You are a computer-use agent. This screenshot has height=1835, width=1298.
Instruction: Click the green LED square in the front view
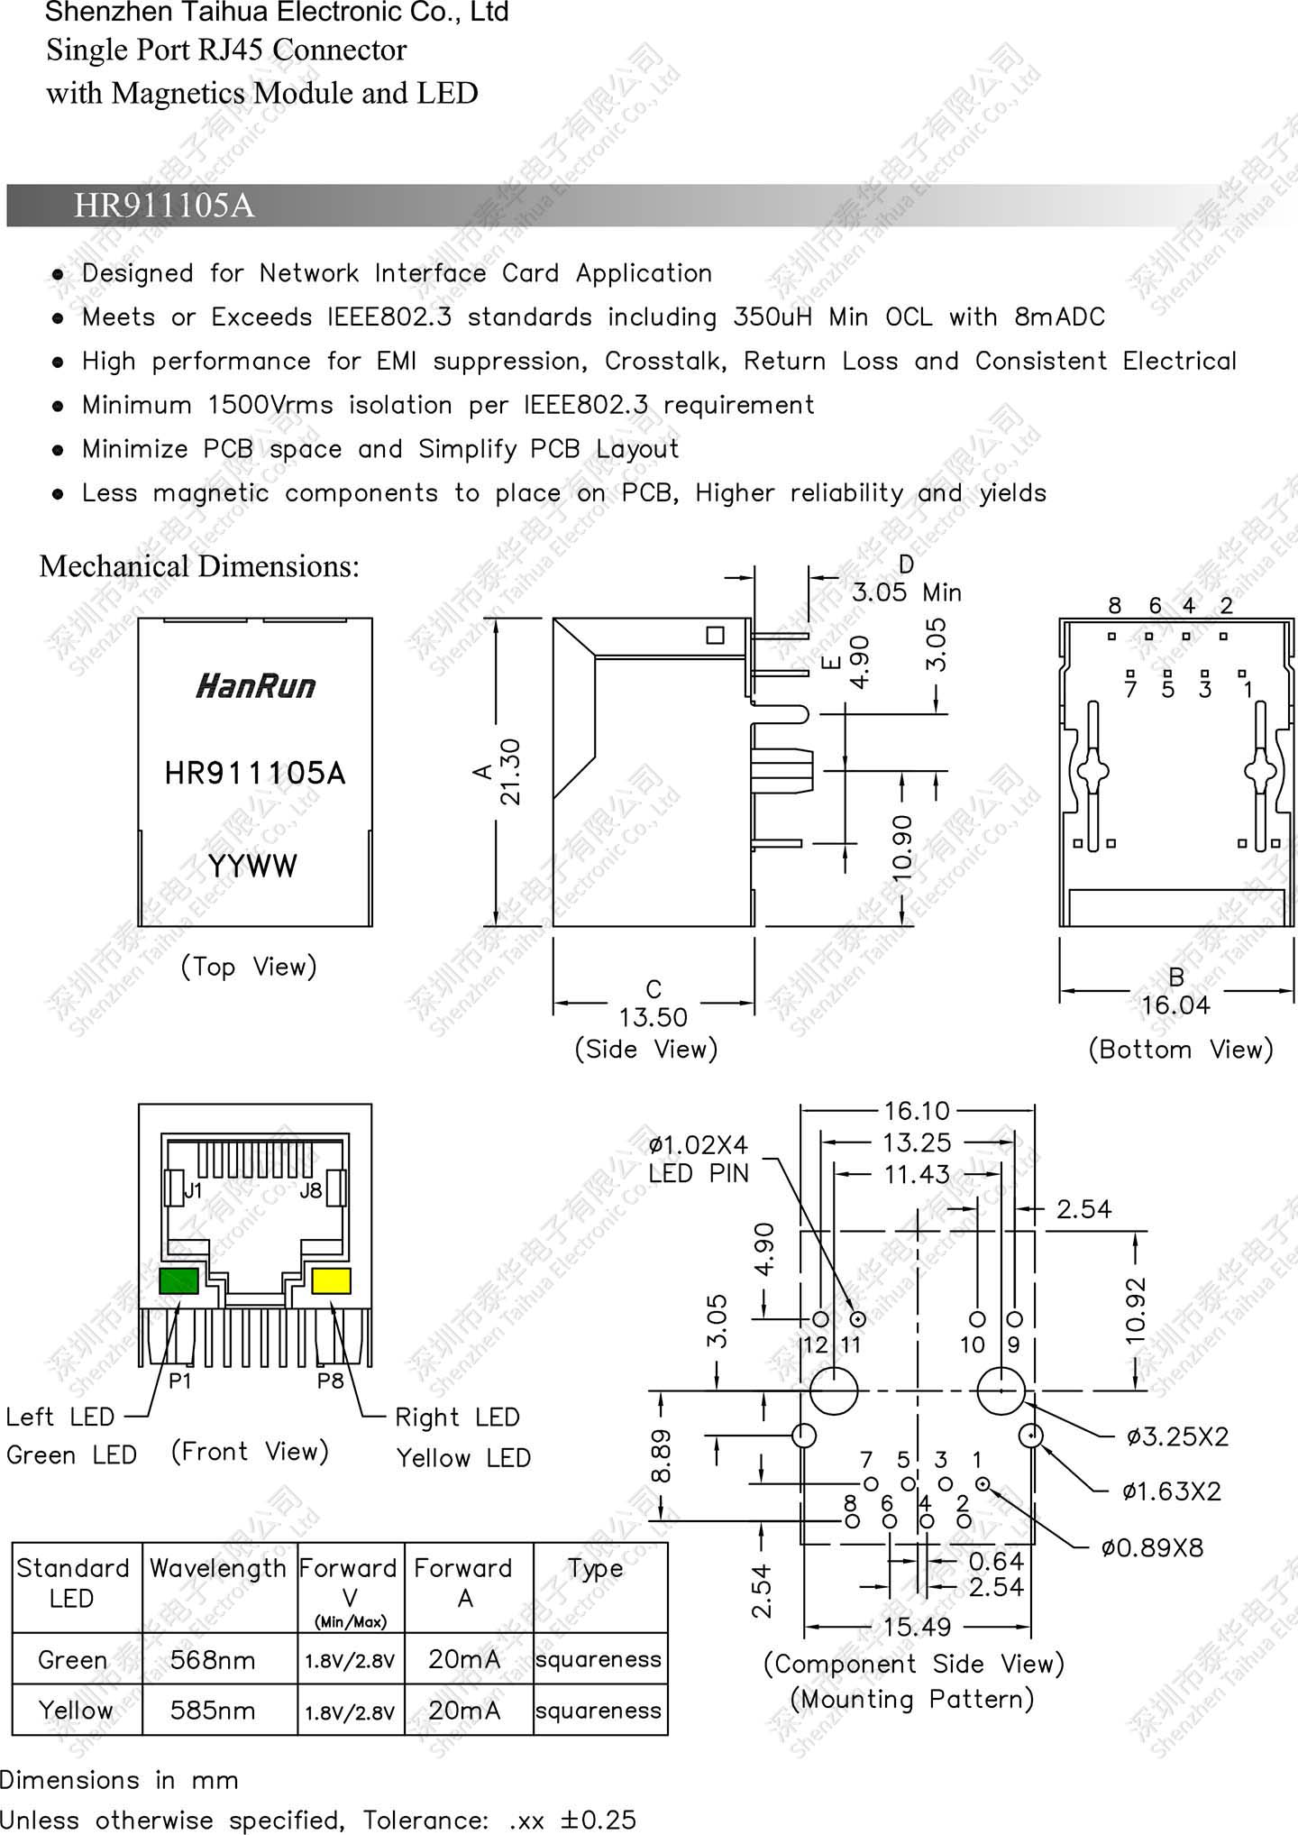pos(178,1280)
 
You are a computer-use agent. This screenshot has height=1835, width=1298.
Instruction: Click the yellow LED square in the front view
pos(331,1280)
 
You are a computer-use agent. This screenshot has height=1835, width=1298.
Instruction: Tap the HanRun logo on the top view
pos(256,687)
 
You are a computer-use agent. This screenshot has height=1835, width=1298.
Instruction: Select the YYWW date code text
pos(252,867)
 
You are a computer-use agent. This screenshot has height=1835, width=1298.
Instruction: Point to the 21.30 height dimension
pos(510,772)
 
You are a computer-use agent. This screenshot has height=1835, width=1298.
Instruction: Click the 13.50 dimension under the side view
pos(653,1017)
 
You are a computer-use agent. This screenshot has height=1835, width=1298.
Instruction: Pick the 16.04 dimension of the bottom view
pos(1175,1005)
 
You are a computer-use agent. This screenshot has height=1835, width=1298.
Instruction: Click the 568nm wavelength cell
pos(213,1659)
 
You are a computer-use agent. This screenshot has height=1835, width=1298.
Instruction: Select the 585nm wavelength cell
pos(213,1711)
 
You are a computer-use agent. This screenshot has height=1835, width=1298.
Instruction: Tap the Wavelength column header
pos(218,1568)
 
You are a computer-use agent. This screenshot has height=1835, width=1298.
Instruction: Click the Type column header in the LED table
pos(596,1568)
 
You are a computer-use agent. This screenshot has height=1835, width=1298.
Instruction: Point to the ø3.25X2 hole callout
pos(1177,1436)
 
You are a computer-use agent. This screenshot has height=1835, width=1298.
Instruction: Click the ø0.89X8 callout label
pos(1152,1548)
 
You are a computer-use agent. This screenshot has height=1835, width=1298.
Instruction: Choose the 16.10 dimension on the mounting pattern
pos(917,1110)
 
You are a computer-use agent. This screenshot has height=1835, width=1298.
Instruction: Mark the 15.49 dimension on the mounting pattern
pos(917,1627)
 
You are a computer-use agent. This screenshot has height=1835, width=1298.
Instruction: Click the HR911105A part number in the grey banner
pos(164,206)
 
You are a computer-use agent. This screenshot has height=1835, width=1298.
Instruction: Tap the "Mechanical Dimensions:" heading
pos(199,566)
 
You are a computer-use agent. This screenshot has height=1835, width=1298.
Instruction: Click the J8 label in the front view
pos(311,1190)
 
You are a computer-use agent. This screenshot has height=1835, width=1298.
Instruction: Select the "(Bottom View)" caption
pos(1180,1050)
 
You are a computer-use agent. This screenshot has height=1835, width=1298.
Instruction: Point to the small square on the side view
pos(715,635)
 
